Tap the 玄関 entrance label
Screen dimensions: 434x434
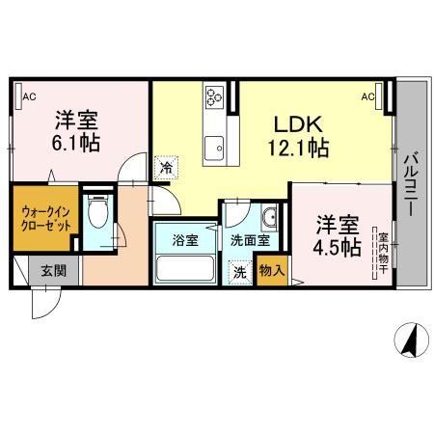[x=52, y=271]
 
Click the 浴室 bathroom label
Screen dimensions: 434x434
[x=185, y=240]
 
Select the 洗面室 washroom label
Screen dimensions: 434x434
[x=250, y=240]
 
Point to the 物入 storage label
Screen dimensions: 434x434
[x=272, y=272]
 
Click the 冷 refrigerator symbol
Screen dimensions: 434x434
[x=166, y=167]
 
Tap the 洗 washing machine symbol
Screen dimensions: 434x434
[x=238, y=272]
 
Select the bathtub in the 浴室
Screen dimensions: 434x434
[x=187, y=268]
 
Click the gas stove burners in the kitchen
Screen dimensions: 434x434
[x=214, y=95]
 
